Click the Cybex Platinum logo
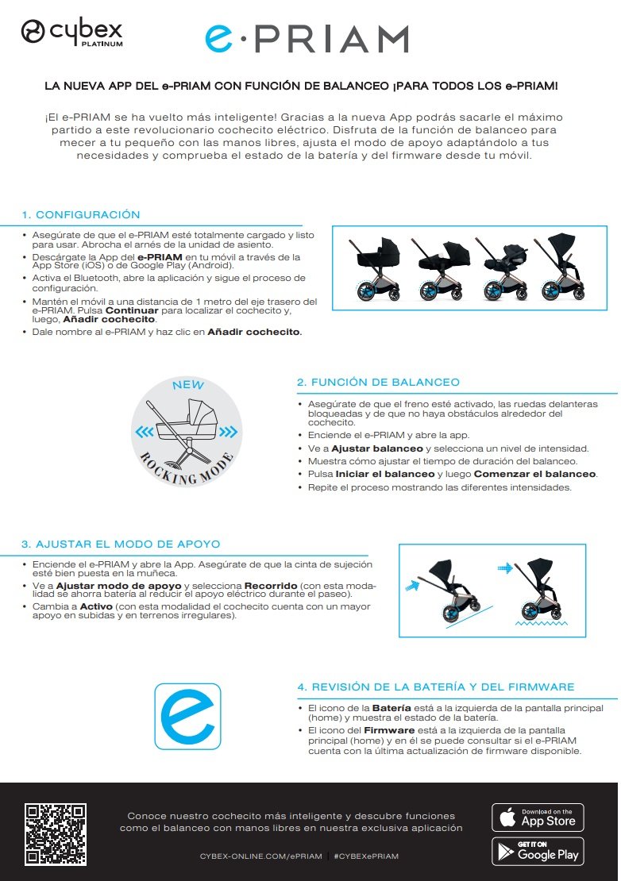(x=71, y=33)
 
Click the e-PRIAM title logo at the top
(x=306, y=39)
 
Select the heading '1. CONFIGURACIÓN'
(x=81, y=215)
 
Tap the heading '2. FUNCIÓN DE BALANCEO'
(x=378, y=383)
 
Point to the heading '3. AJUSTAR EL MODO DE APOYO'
(x=121, y=544)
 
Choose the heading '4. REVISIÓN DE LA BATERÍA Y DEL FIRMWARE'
(x=435, y=687)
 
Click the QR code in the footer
(x=56, y=834)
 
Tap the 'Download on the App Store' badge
(x=538, y=817)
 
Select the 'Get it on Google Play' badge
(x=538, y=852)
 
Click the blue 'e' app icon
(x=187, y=716)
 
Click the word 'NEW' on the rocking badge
(x=188, y=386)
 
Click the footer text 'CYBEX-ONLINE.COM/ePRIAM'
(x=261, y=856)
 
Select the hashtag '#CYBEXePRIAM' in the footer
(x=366, y=856)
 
